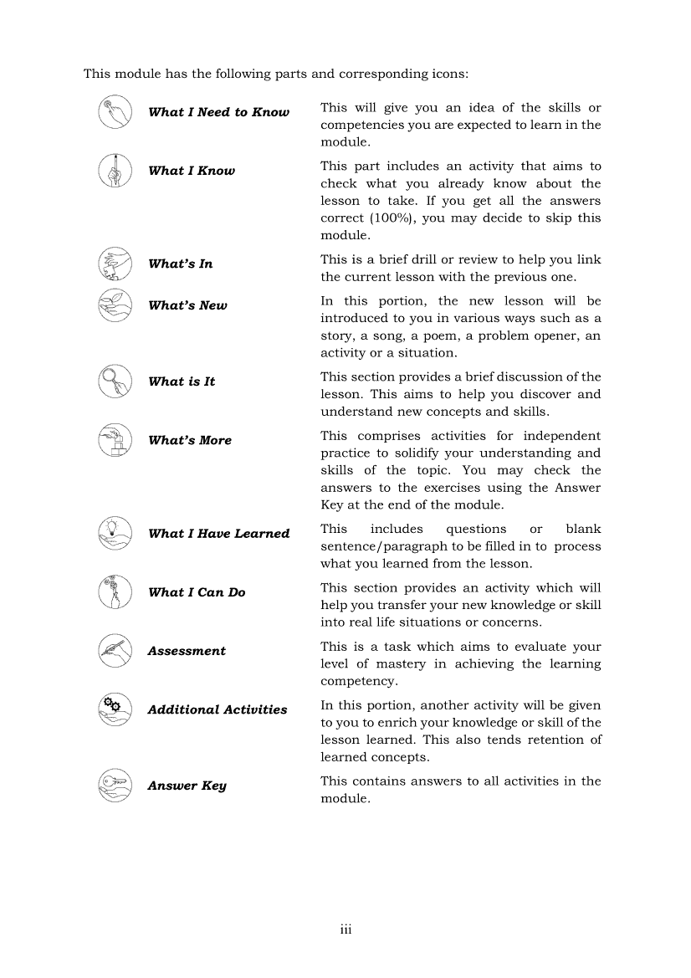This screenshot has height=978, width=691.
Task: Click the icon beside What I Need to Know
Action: (115, 112)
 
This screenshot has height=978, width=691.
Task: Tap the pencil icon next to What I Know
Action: (115, 171)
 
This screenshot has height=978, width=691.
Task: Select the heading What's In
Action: (181, 264)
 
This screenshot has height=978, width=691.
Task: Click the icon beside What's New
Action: (115, 305)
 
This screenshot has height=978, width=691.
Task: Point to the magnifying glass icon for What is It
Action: (115, 381)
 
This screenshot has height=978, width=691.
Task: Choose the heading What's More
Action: (190, 440)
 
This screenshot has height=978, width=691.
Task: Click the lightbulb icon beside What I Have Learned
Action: (115, 533)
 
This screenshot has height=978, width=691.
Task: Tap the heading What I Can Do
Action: (197, 592)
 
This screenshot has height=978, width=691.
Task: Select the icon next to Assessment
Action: (115, 651)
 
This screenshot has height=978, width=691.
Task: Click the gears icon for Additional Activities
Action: (115, 709)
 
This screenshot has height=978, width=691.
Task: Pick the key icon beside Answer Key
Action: (115, 786)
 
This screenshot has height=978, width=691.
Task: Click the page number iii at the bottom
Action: (345, 929)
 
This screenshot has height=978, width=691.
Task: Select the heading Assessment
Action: (187, 651)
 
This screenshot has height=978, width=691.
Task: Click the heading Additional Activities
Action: (218, 709)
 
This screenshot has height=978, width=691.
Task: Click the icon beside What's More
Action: (115, 440)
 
